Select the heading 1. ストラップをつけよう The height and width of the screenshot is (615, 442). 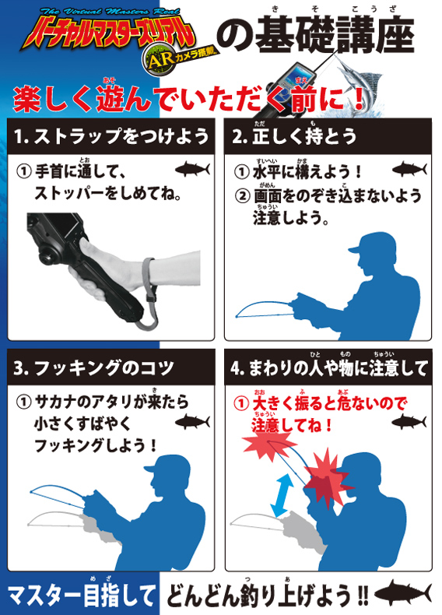tap(111, 137)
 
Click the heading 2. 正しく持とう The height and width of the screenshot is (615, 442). tap(293, 136)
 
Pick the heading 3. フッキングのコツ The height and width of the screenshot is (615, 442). tap(93, 368)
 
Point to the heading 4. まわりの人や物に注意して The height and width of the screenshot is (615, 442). tap(328, 368)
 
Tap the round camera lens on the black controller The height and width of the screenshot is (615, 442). tap(47, 258)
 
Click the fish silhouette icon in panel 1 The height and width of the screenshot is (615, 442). tap(192, 170)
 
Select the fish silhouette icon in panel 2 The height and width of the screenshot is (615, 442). tap(409, 169)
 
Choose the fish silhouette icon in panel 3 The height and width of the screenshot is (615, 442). tap(192, 423)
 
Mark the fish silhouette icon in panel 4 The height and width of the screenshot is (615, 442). tap(409, 423)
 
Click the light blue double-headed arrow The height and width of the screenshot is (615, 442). tap(282, 495)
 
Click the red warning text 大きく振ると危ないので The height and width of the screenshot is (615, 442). tap(329, 403)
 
